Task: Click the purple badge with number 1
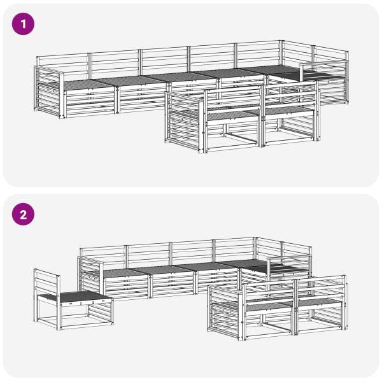[x=23, y=24]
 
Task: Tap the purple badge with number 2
[x=23, y=215]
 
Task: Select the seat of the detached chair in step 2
[x=74, y=297]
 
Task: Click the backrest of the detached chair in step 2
[x=46, y=280]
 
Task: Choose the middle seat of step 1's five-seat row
[x=180, y=78]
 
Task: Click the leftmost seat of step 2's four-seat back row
[x=125, y=273]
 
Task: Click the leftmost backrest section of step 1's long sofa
[x=63, y=66]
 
